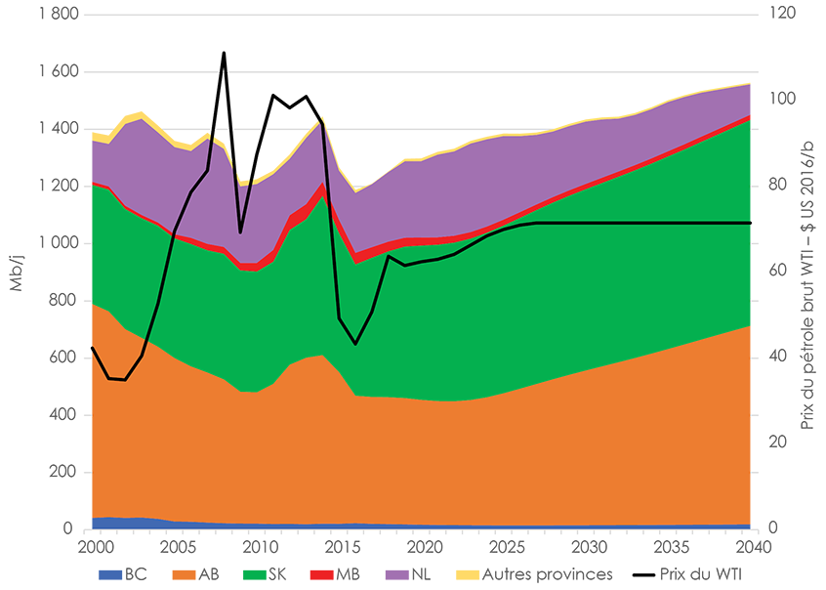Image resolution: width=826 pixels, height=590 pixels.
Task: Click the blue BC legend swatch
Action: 109,575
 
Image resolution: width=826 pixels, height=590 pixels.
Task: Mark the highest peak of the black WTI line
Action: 224,53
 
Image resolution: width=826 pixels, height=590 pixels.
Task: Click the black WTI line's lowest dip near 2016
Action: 356,344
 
